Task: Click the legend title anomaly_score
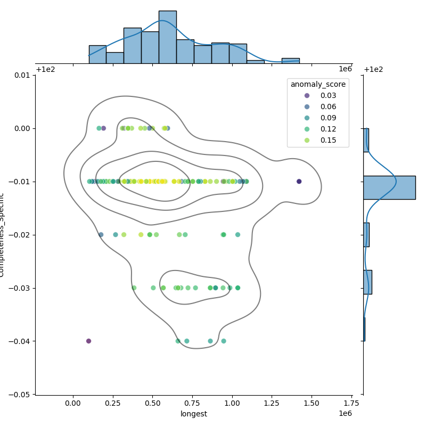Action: [318, 84]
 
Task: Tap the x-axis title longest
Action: [194, 414]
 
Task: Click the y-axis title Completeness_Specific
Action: [3, 235]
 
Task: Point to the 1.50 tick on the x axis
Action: [312, 403]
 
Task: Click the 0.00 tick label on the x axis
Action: [73, 403]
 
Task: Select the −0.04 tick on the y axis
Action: [21, 341]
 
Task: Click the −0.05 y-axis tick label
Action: [21, 395]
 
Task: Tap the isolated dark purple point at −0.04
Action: [88, 341]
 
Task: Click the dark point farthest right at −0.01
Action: [299, 182]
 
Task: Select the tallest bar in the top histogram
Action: [167, 37]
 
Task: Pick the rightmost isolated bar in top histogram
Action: [290, 61]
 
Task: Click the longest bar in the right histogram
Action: [389, 187]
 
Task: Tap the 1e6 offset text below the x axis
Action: [345, 414]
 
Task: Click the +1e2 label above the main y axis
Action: [45, 69]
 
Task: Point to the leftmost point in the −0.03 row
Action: [134, 288]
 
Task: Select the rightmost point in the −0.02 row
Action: [237, 235]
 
